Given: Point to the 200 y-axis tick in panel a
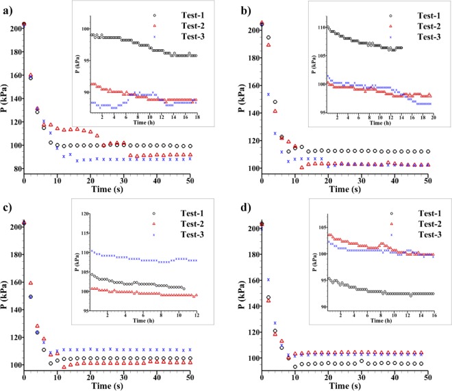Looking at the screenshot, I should [13, 29].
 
